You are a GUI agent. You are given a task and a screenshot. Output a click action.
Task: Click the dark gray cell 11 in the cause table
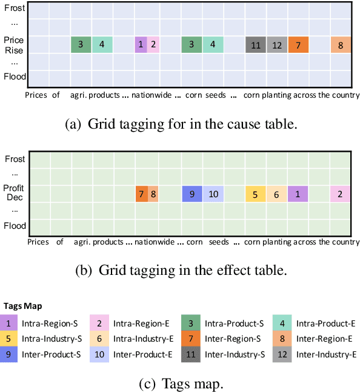(256, 44)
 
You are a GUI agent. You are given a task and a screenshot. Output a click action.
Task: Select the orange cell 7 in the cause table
(298, 44)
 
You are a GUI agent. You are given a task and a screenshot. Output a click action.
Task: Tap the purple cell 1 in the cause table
(141, 44)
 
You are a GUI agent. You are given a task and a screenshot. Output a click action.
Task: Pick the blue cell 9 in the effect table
(192, 194)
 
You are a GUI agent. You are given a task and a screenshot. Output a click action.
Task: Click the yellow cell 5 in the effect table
(256, 194)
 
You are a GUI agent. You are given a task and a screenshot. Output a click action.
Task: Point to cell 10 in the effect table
(213, 194)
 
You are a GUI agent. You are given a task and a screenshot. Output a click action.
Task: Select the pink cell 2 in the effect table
(340, 194)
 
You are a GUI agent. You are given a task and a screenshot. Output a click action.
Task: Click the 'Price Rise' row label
(14, 45)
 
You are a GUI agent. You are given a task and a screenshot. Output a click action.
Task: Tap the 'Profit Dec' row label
(14, 193)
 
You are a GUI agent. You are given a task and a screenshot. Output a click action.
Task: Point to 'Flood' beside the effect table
(15, 226)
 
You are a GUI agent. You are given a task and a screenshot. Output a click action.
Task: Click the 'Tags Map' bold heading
(22, 306)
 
